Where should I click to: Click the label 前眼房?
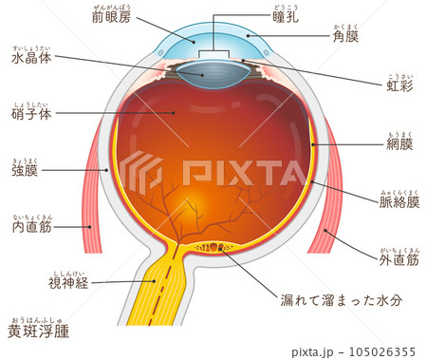(113, 18)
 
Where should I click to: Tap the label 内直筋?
(31, 227)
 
